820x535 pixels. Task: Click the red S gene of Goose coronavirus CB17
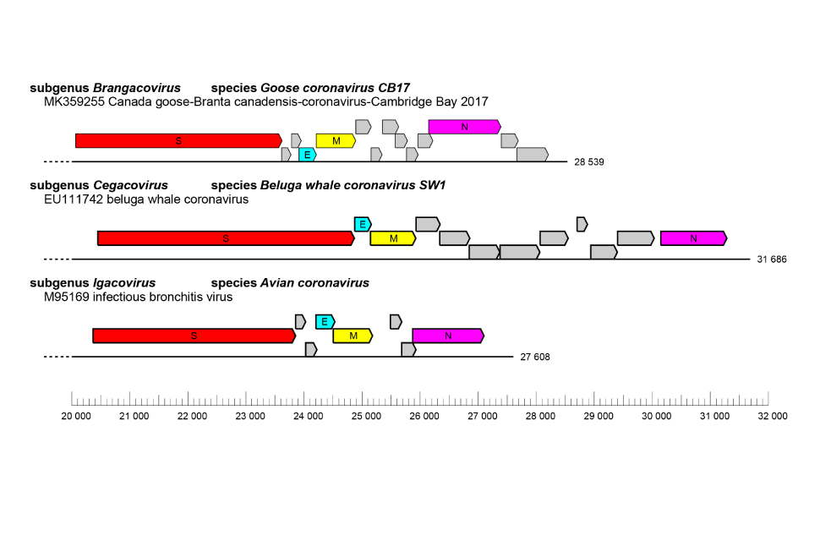tap(178, 141)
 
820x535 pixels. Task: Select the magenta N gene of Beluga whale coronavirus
tap(693, 238)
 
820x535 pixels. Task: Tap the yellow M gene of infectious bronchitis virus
tap(353, 336)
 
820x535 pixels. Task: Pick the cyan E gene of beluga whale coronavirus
tap(362, 224)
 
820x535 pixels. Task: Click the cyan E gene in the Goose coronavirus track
tap(307, 155)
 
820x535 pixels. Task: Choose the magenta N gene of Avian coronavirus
tap(448, 336)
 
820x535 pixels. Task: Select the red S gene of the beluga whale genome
tap(226, 238)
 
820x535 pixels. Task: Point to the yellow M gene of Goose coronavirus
tap(336, 141)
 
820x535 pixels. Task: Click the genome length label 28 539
tap(589, 161)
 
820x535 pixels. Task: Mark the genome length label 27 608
tap(535, 357)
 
